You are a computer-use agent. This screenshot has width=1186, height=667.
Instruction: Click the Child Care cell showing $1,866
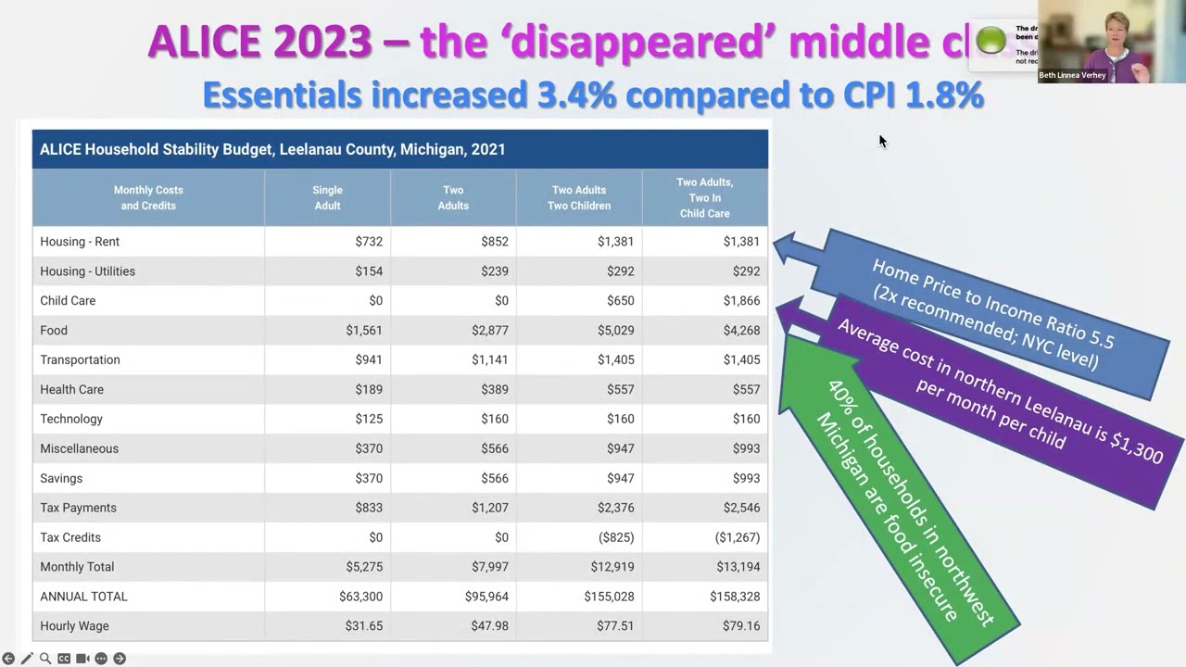point(741,301)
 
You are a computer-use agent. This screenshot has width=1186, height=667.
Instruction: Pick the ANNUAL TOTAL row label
point(83,597)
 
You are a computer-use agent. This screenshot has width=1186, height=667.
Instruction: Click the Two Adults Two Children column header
point(579,197)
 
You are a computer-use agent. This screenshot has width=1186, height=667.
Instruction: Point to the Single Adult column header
point(327,197)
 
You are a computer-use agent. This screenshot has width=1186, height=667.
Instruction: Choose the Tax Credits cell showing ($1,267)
point(738,537)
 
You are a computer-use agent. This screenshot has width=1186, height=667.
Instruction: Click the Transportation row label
point(80,360)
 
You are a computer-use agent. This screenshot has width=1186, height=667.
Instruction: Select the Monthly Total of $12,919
point(612,567)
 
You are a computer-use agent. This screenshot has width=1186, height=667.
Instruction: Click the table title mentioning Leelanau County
point(272,149)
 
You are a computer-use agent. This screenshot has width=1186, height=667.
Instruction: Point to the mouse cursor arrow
point(882,141)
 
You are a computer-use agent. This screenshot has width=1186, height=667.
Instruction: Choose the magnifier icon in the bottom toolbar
point(45,659)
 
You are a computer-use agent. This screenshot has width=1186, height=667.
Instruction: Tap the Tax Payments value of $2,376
point(615,508)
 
